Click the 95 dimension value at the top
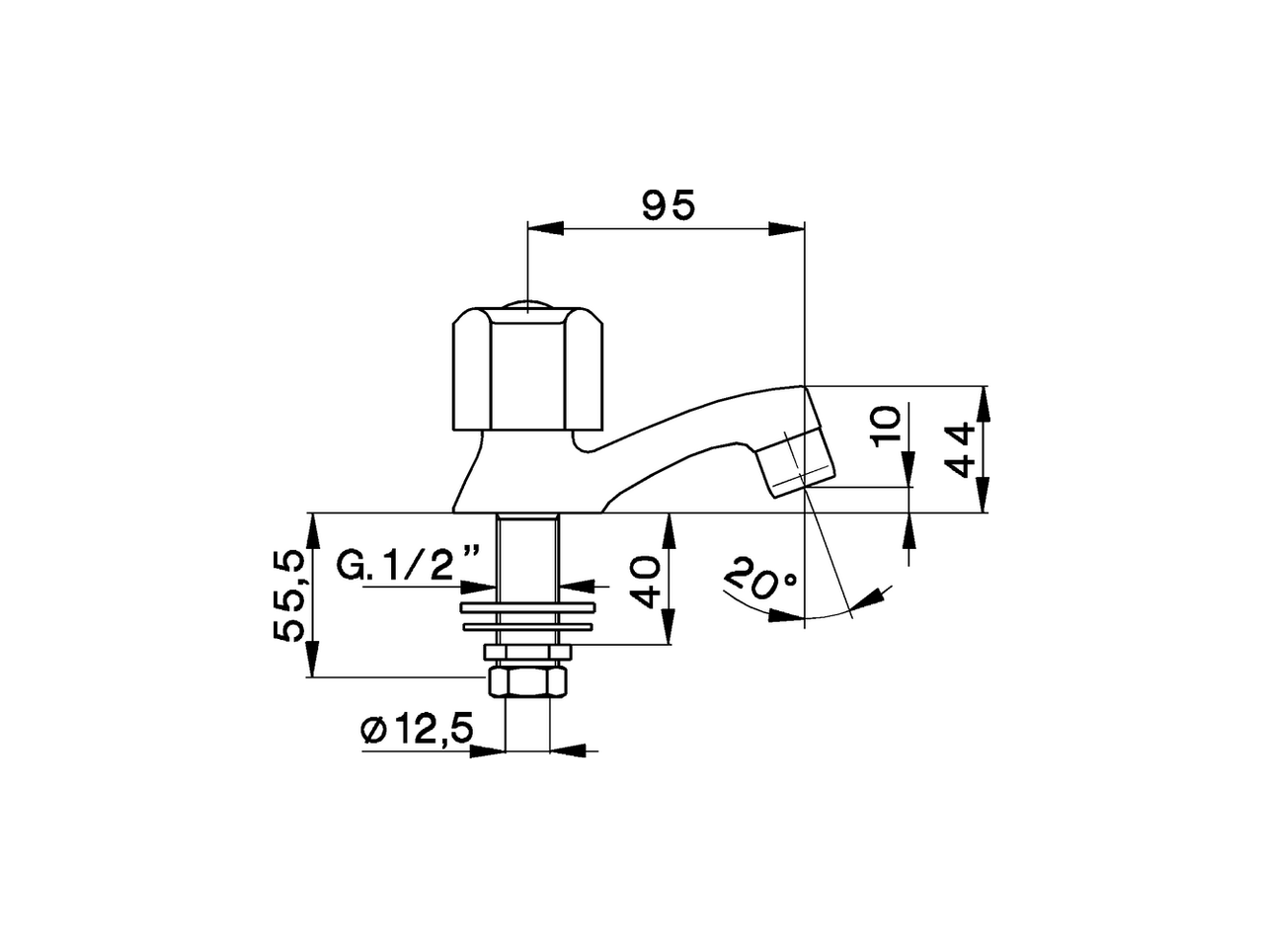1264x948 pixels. pos(669,205)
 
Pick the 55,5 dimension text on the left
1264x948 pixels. pos(288,596)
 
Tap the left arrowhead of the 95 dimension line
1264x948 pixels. pos(545,229)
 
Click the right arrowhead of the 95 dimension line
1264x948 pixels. pos(788,229)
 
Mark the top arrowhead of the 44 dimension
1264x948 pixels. pos(985,400)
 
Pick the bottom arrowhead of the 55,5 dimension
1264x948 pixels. pos(313,661)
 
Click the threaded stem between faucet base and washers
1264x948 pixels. pos(528,548)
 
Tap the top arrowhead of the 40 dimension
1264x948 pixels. pos(669,529)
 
